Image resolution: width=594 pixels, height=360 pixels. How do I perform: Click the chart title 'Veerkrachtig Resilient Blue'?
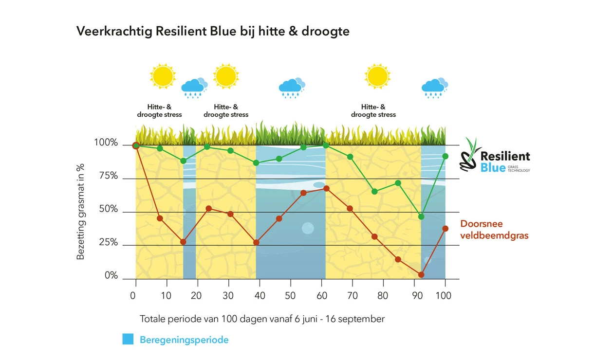(213, 32)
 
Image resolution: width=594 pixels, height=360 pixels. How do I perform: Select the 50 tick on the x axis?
(290, 295)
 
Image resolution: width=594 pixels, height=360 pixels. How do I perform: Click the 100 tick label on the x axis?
(444, 295)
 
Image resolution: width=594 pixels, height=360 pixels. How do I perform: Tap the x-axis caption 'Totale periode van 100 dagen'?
(262, 319)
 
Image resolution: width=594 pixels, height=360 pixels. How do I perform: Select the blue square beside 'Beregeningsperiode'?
(128, 340)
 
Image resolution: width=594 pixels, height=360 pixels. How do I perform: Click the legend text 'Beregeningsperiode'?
(184, 340)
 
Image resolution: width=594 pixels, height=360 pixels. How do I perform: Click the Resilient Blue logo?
(495, 156)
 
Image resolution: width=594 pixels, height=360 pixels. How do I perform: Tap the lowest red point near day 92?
(421, 275)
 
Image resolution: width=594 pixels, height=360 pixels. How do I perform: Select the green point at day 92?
(421, 216)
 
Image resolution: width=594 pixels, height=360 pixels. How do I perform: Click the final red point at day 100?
(445, 229)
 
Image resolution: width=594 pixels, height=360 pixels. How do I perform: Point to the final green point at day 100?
(445, 156)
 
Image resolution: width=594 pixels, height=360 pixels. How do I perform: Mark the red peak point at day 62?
(326, 188)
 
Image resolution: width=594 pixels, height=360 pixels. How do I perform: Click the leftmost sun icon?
(163, 76)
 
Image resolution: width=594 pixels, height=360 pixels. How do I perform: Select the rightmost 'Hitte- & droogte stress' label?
(373, 111)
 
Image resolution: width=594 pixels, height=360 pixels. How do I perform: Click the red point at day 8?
(160, 218)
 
